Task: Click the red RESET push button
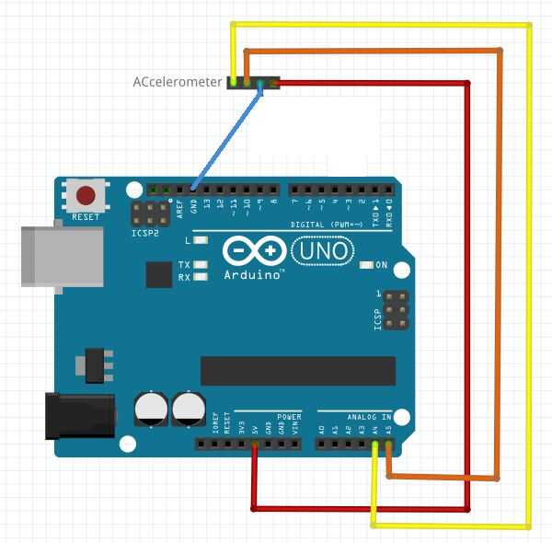click(x=86, y=195)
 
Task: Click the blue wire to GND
click(x=225, y=137)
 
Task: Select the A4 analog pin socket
click(x=374, y=445)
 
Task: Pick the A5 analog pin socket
click(x=388, y=445)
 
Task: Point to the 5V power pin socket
click(x=255, y=445)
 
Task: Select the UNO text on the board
click(x=320, y=249)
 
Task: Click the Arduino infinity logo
click(x=254, y=251)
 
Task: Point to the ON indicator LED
click(x=367, y=265)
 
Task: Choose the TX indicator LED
click(x=201, y=265)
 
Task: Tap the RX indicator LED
click(x=201, y=276)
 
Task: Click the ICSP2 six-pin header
click(x=147, y=214)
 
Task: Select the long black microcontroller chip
click(x=298, y=370)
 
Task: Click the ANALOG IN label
click(x=369, y=417)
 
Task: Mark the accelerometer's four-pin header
click(x=252, y=83)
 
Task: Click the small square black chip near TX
click(x=157, y=273)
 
